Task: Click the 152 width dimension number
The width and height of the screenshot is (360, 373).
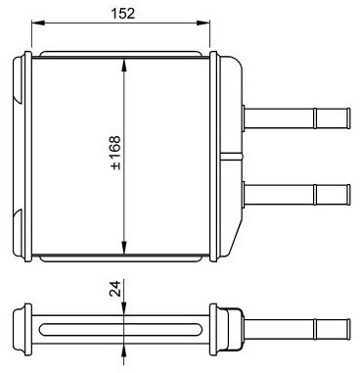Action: [x=122, y=14]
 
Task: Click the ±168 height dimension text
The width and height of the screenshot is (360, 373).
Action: [x=115, y=153]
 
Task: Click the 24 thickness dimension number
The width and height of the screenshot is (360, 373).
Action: [x=114, y=289]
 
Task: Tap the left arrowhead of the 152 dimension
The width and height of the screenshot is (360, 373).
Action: [x=38, y=23]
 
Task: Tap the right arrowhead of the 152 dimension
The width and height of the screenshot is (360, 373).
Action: [x=203, y=23]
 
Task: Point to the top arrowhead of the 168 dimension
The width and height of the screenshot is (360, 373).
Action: [x=124, y=66]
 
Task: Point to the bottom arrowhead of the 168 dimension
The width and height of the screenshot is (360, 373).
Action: [x=124, y=247]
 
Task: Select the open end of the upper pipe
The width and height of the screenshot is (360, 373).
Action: [x=348, y=117]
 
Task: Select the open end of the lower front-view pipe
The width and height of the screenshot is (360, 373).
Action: [x=348, y=195]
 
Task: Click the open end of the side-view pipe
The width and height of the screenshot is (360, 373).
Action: [x=348, y=329]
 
